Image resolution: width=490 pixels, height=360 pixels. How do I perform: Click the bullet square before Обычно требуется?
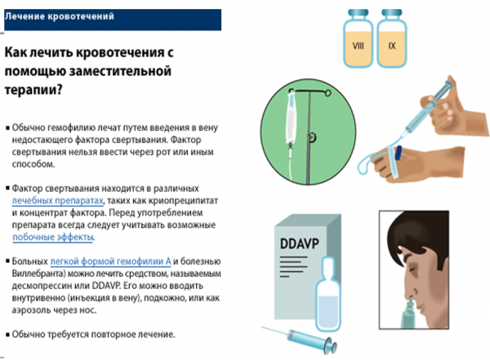pos(8,335)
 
